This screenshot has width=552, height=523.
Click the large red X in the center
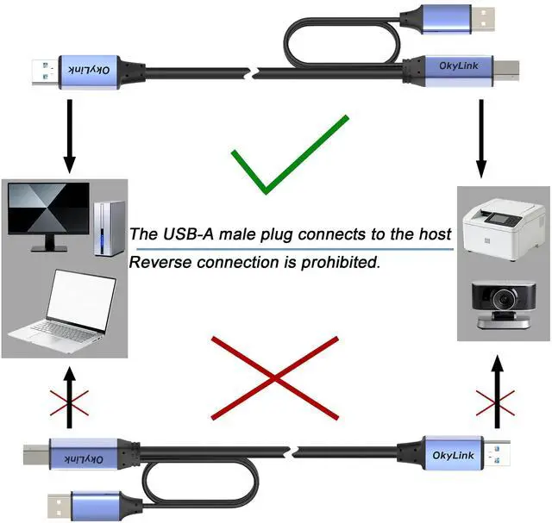(274, 377)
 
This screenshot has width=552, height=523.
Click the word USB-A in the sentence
(191, 233)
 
